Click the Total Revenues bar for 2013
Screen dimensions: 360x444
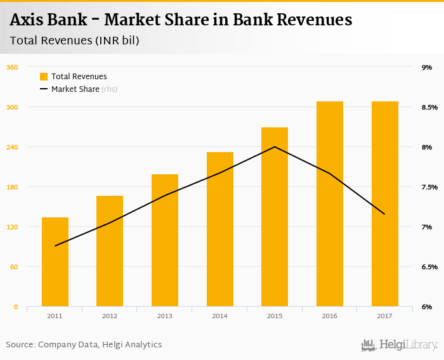165,240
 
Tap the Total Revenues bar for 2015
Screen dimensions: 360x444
275,217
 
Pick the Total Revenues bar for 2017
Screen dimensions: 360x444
384,203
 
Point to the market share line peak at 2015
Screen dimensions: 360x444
275,147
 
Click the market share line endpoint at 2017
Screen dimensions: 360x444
384,214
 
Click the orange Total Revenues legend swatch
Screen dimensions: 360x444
44,77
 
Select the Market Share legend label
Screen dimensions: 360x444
75,89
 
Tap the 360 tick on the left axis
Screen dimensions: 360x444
12,67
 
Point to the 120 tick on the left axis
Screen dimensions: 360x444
12,227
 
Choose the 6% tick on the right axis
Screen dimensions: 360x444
427,307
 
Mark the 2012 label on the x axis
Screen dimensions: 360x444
110,316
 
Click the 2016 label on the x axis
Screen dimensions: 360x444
329,316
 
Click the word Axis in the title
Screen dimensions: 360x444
27,20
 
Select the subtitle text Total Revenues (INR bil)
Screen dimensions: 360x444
74,40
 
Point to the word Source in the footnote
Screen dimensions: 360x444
20,345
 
